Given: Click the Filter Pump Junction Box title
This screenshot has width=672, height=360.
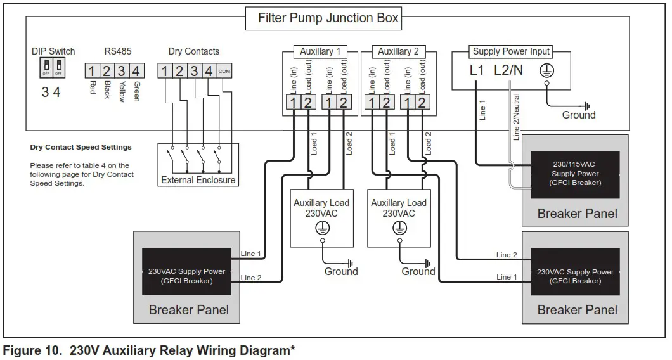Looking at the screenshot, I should point(328,18).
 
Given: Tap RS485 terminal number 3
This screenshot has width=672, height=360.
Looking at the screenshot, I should point(121,71).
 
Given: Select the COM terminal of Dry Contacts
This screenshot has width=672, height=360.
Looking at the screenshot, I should point(224,71).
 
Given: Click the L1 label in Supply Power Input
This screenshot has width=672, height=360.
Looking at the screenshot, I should point(477,70).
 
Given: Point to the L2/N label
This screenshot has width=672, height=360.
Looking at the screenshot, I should point(508,70).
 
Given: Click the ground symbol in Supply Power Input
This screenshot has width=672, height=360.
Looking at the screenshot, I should point(546,71).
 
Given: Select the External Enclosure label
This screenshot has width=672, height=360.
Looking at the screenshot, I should point(198,180).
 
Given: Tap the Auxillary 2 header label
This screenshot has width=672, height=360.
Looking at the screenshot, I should point(398,51).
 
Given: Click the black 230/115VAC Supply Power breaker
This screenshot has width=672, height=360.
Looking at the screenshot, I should point(575,174).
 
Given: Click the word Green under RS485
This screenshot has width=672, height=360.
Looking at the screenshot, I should point(137,91).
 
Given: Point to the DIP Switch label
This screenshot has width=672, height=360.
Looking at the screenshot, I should point(53,51).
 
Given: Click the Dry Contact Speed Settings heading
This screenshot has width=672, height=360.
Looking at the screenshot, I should point(81,147).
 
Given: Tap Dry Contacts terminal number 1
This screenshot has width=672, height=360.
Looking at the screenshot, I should point(165,71).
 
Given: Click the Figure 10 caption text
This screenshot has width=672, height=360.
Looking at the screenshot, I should point(150,350).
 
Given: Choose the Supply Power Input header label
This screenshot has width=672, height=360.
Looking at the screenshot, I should point(512,51).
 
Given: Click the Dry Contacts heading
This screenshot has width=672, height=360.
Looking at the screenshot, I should point(194,51).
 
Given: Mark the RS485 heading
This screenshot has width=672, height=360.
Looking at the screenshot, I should point(114,51).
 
